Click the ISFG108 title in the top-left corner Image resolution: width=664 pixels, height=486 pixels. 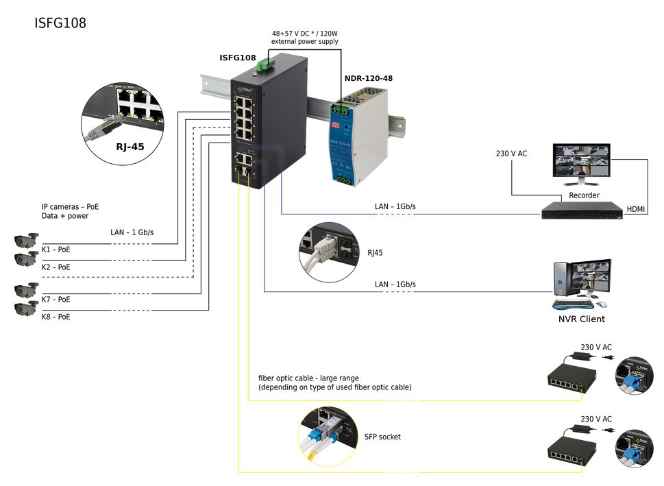[x=60, y=23]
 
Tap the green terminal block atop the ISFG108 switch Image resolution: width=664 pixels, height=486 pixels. [x=264, y=65]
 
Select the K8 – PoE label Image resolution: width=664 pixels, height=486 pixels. [x=56, y=317]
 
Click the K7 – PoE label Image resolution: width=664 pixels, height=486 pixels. [x=56, y=300]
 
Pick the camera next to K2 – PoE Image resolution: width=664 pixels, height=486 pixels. [x=27, y=259]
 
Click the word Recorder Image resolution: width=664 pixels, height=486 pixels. [x=584, y=195]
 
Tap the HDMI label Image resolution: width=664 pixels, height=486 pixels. [x=637, y=208]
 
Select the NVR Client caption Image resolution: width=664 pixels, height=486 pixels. [x=582, y=319]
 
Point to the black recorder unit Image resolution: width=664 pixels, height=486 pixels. [x=582, y=210]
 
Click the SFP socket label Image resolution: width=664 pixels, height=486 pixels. [x=382, y=437]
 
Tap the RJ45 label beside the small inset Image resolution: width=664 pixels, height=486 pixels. [x=375, y=253]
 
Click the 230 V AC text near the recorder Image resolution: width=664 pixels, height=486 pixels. [x=511, y=154]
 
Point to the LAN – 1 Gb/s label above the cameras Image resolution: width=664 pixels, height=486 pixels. [x=132, y=232]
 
